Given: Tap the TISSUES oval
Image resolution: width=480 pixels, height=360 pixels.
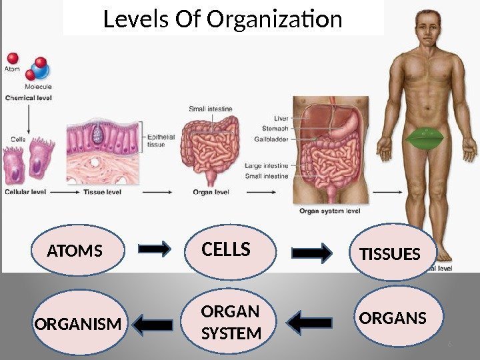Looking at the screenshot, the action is pyautogui.click(x=391, y=253).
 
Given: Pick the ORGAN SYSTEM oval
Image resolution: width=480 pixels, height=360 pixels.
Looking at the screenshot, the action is pyautogui.click(x=230, y=323).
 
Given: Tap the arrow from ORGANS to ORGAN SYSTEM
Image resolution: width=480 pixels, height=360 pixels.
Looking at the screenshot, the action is pyautogui.click(x=311, y=323).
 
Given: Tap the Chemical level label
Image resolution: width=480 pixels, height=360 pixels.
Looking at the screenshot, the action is pyautogui.click(x=29, y=97).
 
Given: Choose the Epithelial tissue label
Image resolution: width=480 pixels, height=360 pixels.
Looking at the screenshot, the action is pyautogui.click(x=161, y=141).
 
